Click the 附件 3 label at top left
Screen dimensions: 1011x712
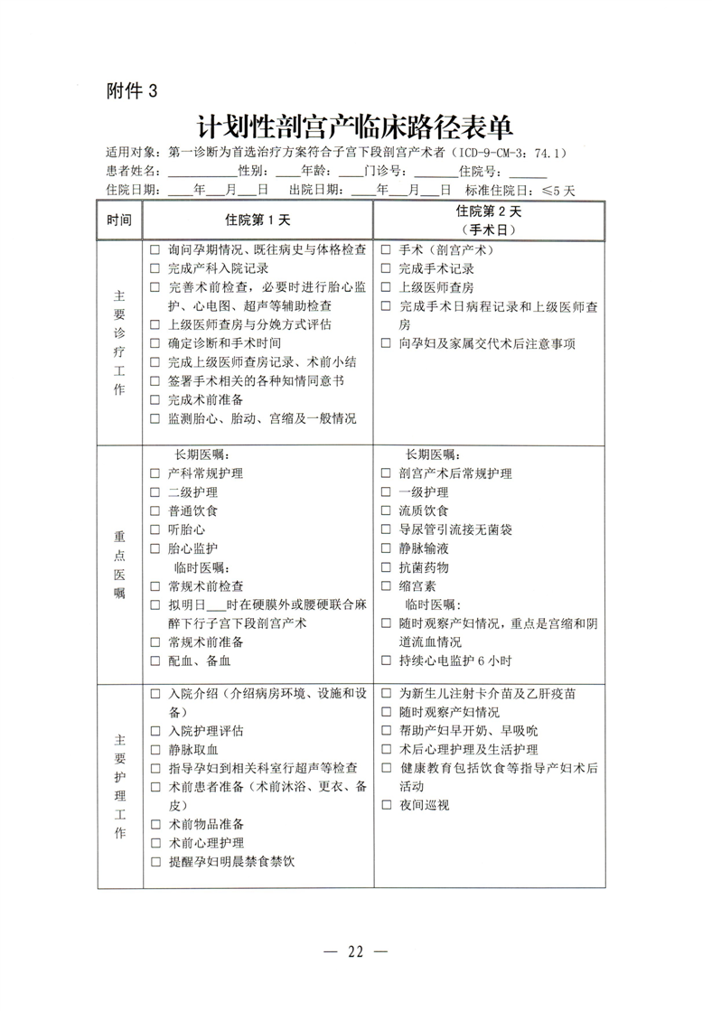tap(131, 90)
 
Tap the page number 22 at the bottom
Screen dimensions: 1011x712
tap(355, 951)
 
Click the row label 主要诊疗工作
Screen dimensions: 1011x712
tap(119, 342)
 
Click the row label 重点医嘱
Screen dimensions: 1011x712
tap(119, 564)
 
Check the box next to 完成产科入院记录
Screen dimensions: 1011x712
tap(155, 268)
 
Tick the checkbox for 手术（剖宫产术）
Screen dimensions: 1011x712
tap(386, 249)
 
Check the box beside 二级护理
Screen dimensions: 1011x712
tap(155, 492)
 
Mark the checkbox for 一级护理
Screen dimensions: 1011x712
tap(386, 492)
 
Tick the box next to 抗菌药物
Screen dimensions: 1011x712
tap(386, 567)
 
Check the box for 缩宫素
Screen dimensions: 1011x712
tap(386, 586)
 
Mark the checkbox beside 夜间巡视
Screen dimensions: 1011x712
tap(386, 805)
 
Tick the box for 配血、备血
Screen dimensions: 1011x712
tap(155, 660)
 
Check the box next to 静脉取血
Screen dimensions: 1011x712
tap(155, 749)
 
